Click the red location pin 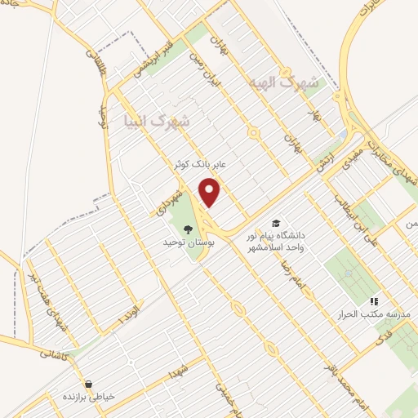tap(210, 191)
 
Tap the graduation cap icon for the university tap(276, 224)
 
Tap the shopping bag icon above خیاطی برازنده tap(87, 383)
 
